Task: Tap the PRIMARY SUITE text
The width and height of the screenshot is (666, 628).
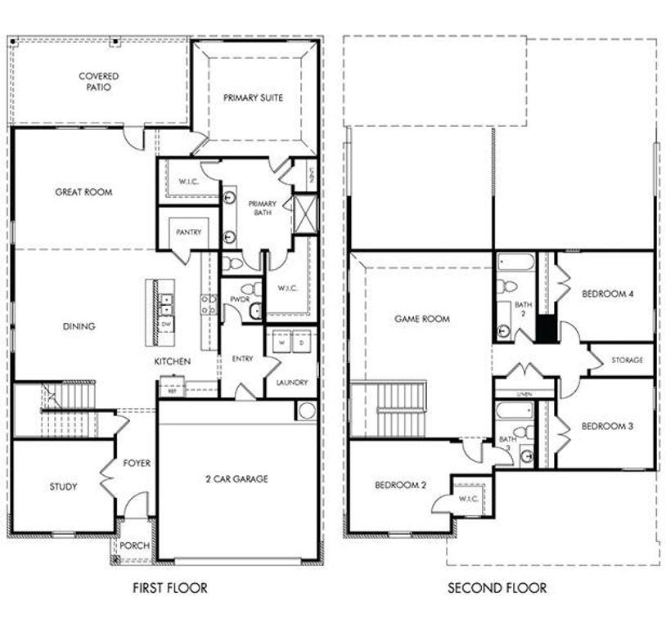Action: pyautogui.click(x=254, y=97)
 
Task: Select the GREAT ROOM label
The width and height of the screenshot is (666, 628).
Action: pyautogui.click(x=83, y=192)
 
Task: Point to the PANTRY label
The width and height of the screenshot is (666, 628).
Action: pyautogui.click(x=189, y=232)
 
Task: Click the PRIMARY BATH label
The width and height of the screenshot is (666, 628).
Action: pyautogui.click(x=263, y=209)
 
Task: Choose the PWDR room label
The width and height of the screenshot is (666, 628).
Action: pyautogui.click(x=240, y=300)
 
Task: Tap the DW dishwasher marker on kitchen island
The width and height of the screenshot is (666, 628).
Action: pyautogui.click(x=166, y=325)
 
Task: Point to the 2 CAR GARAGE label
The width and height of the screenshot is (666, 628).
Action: pyautogui.click(x=236, y=479)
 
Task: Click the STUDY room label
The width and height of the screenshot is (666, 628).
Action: pyautogui.click(x=63, y=487)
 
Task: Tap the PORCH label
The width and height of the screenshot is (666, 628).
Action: pyautogui.click(x=134, y=546)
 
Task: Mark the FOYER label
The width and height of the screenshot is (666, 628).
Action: pyautogui.click(x=137, y=463)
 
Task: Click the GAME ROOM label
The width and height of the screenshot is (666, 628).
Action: pyautogui.click(x=422, y=319)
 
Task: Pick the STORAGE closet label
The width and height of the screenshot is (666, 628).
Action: pyautogui.click(x=628, y=360)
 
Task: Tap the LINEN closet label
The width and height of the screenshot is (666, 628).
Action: pyautogui.click(x=524, y=393)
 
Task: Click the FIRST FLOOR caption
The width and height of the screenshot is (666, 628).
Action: pyautogui.click(x=170, y=587)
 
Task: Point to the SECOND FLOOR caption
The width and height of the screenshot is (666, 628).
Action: pyautogui.click(x=497, y=587)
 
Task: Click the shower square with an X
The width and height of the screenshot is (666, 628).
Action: pyautogui.click(x=304, y=213)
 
